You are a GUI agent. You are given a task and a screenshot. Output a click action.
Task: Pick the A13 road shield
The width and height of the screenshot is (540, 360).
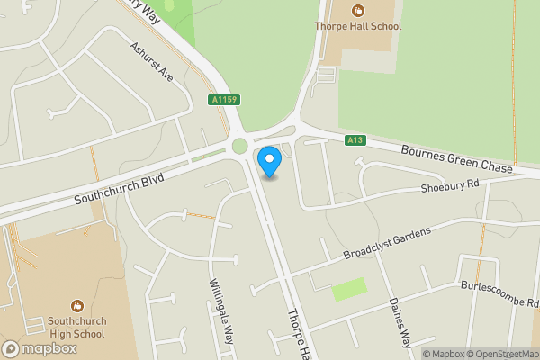[355, 139]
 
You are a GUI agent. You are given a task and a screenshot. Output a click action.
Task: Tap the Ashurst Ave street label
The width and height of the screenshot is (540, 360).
[150, 61]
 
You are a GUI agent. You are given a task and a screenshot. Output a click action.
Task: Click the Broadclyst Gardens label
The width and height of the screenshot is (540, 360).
[387, 243]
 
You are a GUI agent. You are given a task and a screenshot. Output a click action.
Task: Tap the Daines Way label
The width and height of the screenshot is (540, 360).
[399, 322]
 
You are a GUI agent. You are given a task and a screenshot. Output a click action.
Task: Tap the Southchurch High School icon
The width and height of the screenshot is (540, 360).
[76, 304]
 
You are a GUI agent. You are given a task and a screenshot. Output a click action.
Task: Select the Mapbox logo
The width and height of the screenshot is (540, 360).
[36, 347]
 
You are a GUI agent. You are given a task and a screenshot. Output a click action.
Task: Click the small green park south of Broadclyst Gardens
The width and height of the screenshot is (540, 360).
[349, 290]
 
